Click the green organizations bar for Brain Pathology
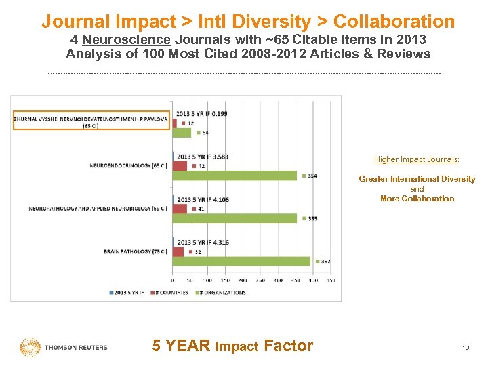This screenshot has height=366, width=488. click(241, 261)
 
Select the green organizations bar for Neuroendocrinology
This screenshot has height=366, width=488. click(235, 176)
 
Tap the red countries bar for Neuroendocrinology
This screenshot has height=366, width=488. click(180, 166)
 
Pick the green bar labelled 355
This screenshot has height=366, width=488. click(235, 218)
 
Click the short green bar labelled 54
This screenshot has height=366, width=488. click(182, 133)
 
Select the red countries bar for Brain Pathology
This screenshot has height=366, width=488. click(178, 251)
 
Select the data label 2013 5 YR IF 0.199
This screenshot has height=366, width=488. click(202, 113)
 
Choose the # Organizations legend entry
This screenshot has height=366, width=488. click(221, 293)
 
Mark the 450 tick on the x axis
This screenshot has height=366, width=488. click(331, 279)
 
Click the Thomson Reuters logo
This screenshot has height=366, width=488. click(64, 347)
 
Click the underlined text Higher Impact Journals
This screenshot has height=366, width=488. click(417, 159)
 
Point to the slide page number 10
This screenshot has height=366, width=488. click(466, 348)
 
